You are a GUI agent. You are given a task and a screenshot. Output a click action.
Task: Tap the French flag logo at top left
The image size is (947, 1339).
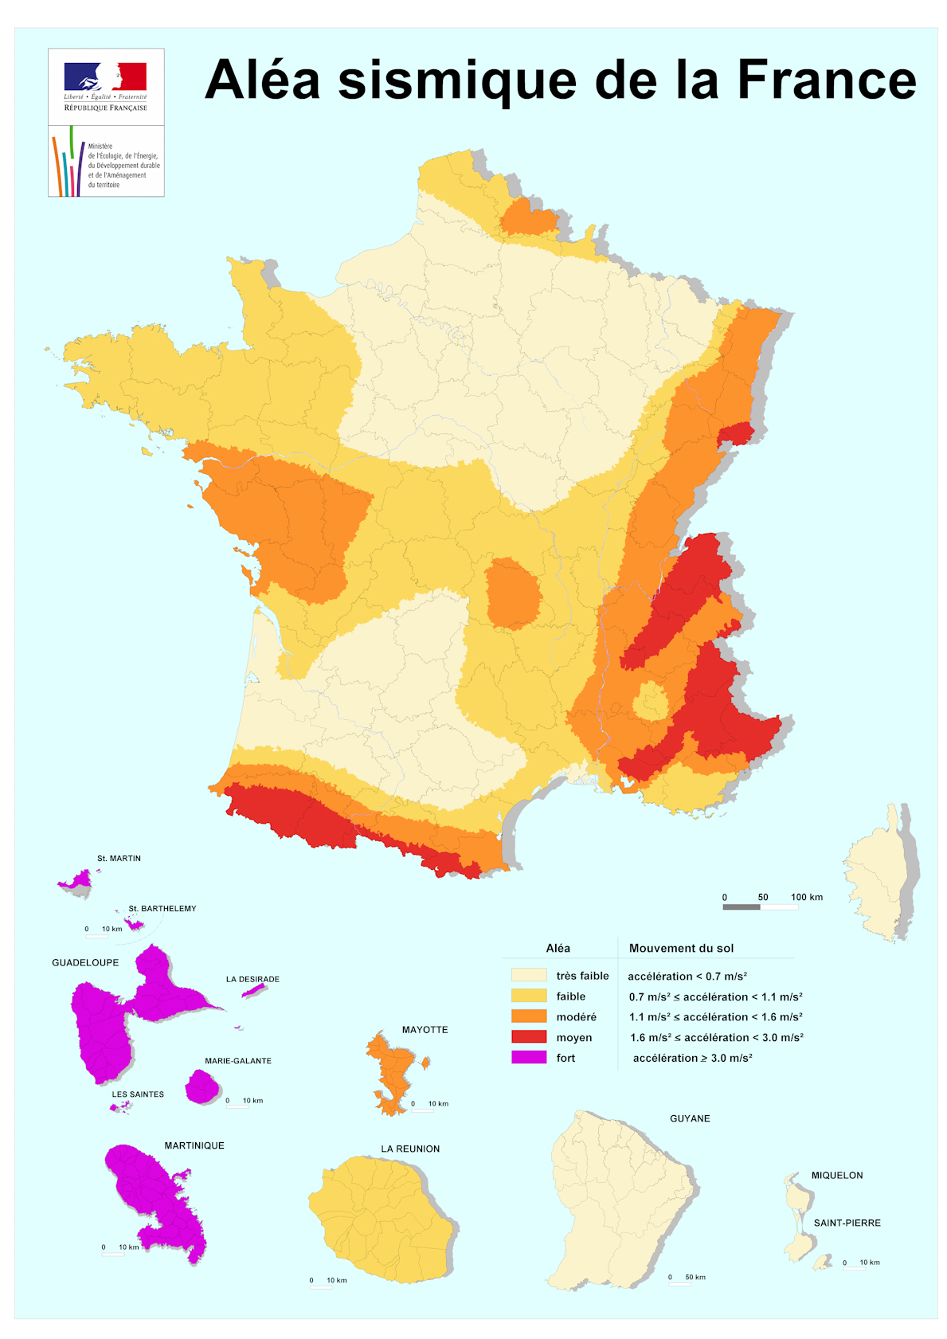pos(105,77)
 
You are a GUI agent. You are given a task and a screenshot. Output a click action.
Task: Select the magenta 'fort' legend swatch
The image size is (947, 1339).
pos(529,1058)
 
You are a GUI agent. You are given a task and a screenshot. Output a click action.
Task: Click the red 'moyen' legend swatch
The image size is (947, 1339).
pos(529,1037)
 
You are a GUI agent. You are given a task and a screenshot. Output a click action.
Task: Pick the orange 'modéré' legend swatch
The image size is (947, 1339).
pos(529,1016)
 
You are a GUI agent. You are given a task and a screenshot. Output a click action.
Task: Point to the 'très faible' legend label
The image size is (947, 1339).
pos(582,976)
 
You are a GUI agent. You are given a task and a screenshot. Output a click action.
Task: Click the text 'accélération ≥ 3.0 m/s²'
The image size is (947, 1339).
pos(692,1058)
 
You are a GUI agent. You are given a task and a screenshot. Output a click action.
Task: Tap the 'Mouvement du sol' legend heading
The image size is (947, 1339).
pos(681,948)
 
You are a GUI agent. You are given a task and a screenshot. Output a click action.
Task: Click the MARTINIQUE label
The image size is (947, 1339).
pos(194,1145)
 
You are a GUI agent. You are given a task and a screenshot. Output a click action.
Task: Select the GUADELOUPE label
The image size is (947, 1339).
pos(85,962)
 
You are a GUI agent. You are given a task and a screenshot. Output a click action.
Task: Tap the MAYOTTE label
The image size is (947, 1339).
pos(425,1030)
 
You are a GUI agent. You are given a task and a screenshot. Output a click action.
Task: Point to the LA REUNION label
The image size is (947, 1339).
pos(410,1149)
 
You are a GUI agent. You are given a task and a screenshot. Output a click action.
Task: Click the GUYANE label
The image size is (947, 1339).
pos(690,1118)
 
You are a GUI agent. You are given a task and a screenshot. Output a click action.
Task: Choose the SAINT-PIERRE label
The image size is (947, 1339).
pos(847,1223)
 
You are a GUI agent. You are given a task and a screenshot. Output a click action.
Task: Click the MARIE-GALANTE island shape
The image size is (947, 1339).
pos(202,1086)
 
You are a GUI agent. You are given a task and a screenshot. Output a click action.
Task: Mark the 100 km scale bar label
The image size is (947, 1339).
pos(806,897)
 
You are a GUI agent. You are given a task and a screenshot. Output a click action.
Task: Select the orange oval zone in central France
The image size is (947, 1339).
pos(513,593)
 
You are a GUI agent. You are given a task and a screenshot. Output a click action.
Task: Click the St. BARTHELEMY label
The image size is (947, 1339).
pos(162,908)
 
